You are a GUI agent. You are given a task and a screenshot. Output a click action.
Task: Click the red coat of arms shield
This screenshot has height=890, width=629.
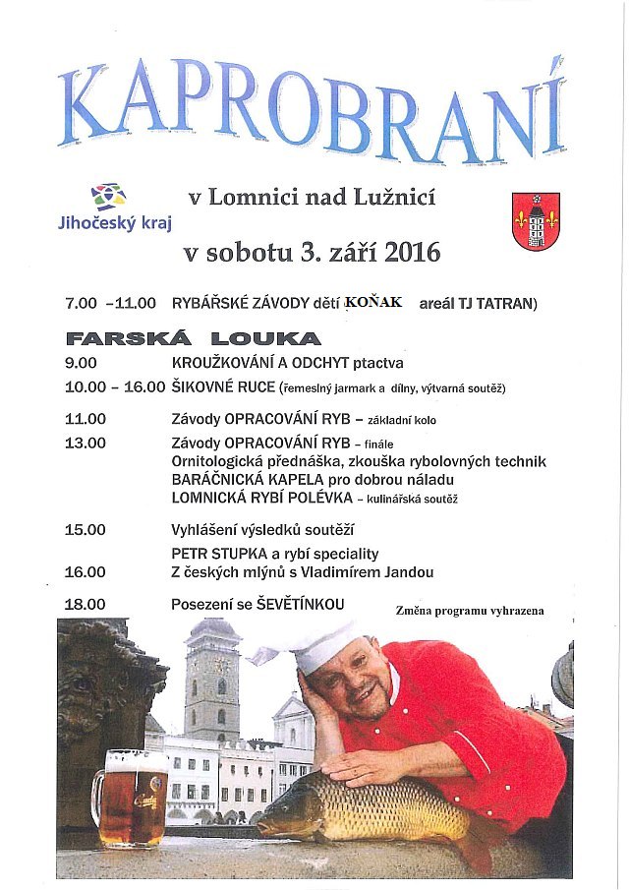(x=536, y=221)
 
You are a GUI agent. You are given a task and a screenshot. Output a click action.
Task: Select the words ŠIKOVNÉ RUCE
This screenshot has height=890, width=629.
(x=222, y=387)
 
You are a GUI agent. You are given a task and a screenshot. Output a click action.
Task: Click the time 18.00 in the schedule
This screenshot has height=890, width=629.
(x=85, y=603)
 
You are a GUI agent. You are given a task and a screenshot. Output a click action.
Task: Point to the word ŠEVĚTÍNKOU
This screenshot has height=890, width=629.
(x=300, y=603)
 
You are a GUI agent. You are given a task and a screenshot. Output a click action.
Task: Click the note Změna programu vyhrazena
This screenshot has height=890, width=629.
(x=470, y=611)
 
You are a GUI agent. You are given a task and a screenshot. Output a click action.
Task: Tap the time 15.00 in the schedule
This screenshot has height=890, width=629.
(x=85, y=529)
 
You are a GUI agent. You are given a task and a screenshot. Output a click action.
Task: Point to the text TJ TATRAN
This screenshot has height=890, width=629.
(x=500, y=303)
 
